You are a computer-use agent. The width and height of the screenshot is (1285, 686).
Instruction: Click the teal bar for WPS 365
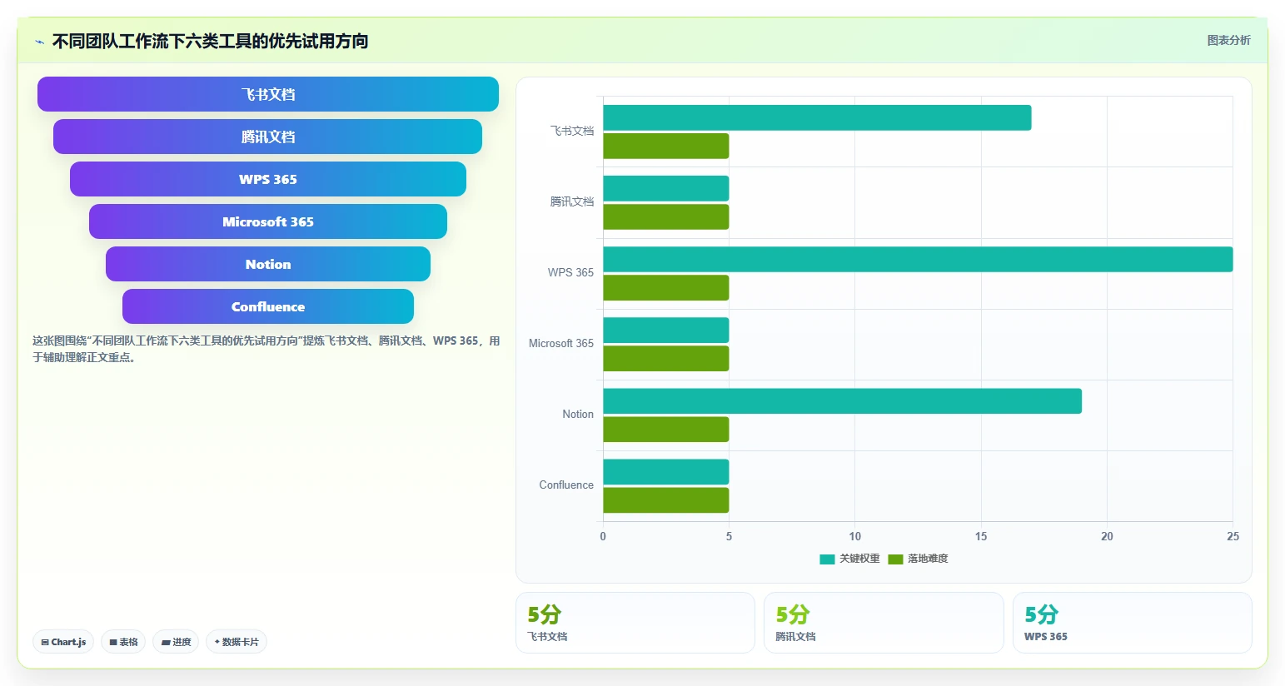coord(918,259)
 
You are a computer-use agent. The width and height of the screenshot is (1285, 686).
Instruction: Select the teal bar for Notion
coord(842,401)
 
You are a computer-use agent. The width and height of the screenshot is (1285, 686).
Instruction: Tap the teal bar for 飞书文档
coord(817,117)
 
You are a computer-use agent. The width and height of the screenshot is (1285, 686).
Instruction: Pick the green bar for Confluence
coord(666,500)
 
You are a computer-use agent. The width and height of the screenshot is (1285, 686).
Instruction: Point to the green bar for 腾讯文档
coord(666,216)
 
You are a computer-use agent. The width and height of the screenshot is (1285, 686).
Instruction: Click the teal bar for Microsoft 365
coord(666,330)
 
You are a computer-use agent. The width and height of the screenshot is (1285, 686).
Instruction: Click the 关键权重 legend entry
coord(849,559)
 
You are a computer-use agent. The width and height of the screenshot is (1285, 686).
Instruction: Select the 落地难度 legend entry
coord(918,559)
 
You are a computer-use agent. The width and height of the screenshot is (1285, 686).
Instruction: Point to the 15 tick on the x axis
coord(981,536)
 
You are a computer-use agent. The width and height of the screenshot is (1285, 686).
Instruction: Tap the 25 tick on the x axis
coord(1233,536)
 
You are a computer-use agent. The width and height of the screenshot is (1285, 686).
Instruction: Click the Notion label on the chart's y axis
coord(578,414)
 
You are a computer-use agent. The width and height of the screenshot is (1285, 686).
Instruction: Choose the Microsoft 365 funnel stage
coord(268,221)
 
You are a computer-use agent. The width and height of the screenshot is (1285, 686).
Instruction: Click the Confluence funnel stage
coord(268,306)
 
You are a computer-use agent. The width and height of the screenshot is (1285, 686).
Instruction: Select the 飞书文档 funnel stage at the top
coord(268,94)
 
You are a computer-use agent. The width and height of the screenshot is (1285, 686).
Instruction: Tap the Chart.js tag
coord(63,642)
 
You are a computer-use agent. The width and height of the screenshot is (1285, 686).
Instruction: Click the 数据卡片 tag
coord(237,642)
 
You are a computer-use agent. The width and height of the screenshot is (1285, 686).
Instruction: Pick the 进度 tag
coord(176,642)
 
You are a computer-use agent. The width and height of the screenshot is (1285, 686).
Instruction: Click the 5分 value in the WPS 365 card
coord(1041,615)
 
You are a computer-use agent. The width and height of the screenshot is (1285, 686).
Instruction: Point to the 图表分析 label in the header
coord(1228,40)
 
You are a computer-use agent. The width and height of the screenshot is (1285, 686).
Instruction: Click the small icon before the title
coord(40,42)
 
